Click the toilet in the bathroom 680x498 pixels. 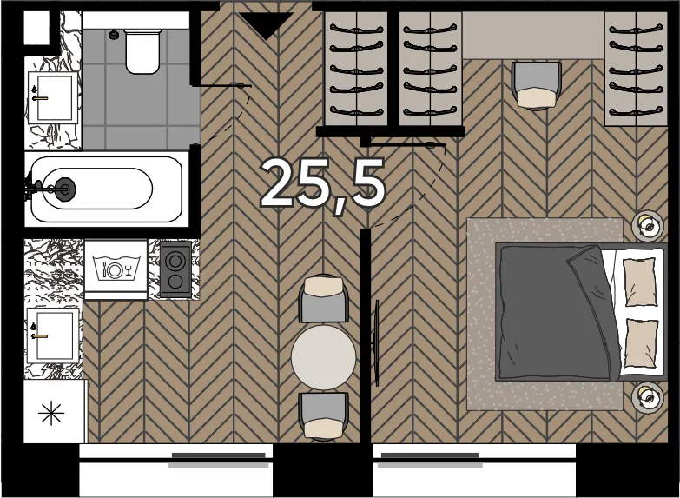click(142, 51)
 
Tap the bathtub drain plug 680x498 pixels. click(66, 189)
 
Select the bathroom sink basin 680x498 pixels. click(54, 97)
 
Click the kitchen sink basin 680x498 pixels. click(55, 335)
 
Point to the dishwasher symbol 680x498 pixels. click(116, 269)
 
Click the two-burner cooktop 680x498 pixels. click(175, 269)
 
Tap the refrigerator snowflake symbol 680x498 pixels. click(51, 413)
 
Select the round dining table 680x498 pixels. click(323, 357)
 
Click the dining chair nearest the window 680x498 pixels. click(324, 416)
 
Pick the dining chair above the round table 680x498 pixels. click(324, 299)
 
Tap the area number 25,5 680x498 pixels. click(323, 185)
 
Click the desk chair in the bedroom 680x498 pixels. click(537, 85)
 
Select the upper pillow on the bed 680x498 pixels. click(640, 282)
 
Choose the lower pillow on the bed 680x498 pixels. click(641, 343)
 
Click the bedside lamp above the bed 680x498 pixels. click(648, 226)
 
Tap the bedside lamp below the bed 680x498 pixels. click(648, 397)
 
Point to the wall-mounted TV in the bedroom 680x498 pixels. click(377, 343)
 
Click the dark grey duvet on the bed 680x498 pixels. click(558, 312)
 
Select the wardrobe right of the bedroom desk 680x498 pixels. click(636, 69)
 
